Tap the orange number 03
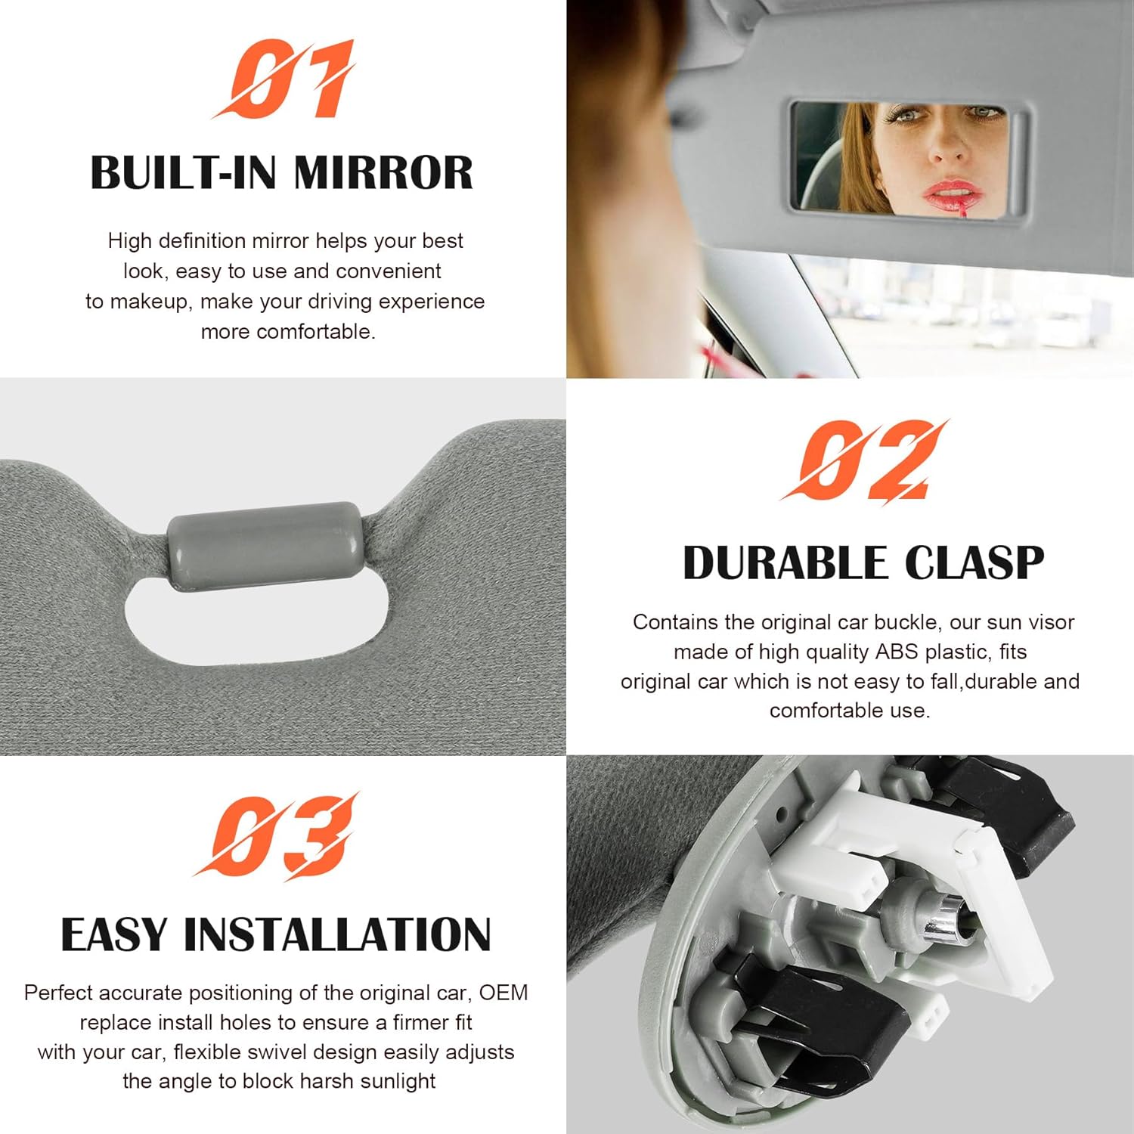point(277,836)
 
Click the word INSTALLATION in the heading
point(337,935)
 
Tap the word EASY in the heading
point(113,935)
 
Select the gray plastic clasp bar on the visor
point(264,545)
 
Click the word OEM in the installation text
point(503,993)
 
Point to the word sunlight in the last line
point(398,1081)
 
